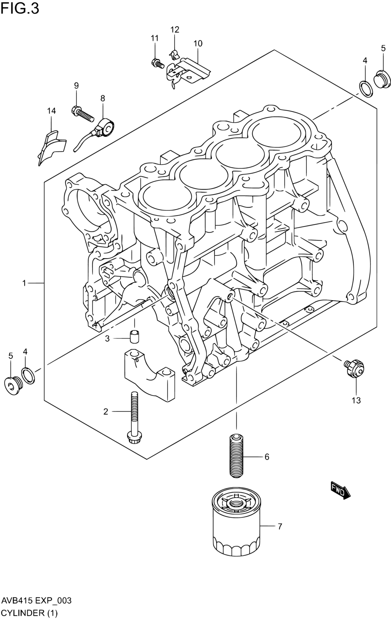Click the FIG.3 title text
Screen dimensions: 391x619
pyautogui.click(x=20, y=8)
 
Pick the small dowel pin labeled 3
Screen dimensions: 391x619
pyautogui.click(x=135, y=336)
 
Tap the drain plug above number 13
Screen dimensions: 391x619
pyautogui.click(x=354, y=368)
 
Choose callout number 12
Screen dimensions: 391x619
pyautogui.click(x=175, y=29)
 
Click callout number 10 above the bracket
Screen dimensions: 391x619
pyautogui.click(x=198, y=44)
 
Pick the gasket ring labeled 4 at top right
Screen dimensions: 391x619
pyautogui.click(x=366, y=89)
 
